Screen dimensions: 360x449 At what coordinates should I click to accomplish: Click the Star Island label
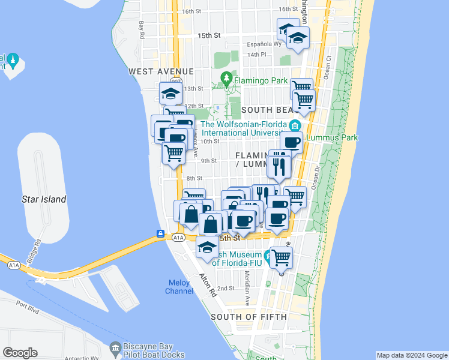pos(44,199)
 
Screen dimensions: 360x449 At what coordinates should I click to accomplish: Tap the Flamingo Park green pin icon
pos(226,78)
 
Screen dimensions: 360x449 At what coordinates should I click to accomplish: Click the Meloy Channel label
pos(179,287)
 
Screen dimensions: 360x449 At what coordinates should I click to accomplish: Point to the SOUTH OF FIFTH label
pos(249,316)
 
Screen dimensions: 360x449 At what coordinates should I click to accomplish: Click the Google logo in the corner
pos(20,353)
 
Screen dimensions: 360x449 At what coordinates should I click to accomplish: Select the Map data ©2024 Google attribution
pos(412,355)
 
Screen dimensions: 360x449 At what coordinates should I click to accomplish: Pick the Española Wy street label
pos(265,44)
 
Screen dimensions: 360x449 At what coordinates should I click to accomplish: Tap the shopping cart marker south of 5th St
pos(281,259)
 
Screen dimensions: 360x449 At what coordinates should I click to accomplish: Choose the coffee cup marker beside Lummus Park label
pos(291,143)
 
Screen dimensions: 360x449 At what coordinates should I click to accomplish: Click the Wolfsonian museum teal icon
pos(295,125)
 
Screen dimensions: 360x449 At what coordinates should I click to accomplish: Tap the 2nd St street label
pos(226,288)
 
